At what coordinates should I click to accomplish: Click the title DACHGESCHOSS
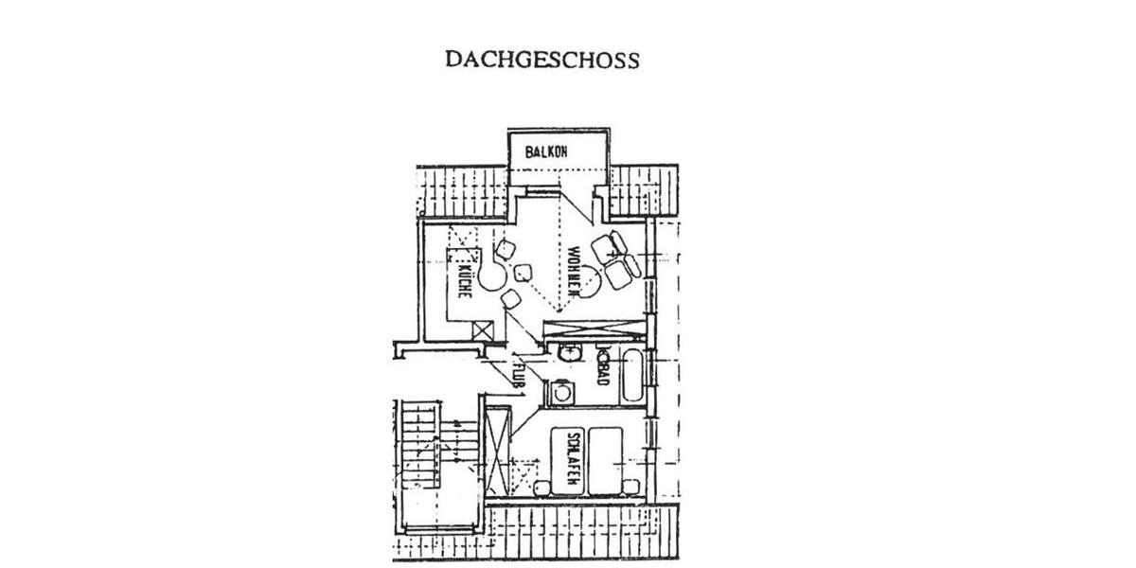(x=542, y=60)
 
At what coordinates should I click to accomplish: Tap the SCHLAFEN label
(x=572, y=461)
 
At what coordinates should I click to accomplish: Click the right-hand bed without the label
(x=605, y=461)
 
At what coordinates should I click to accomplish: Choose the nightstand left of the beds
(x=542, y=488)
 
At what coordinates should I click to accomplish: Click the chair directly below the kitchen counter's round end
(x=511, y=300)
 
